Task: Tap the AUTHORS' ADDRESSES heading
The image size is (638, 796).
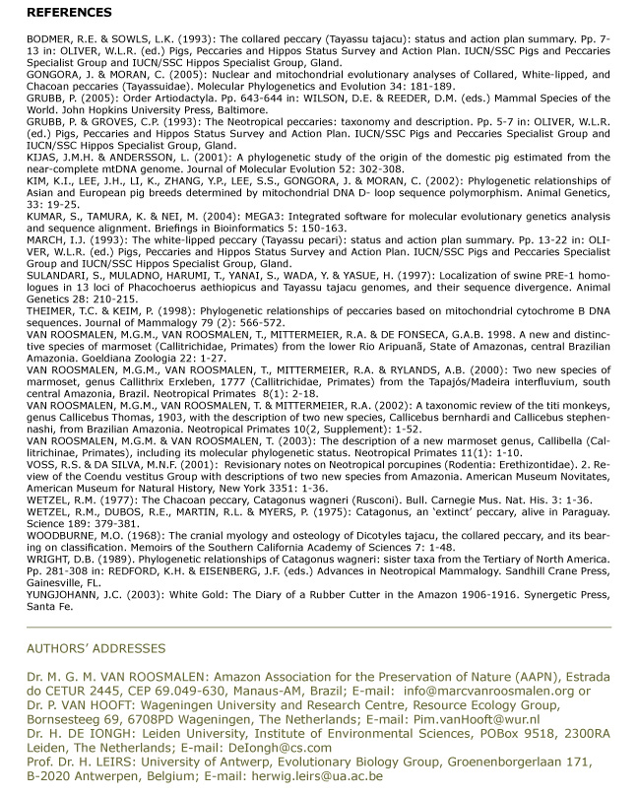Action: [x=96, y=648]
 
